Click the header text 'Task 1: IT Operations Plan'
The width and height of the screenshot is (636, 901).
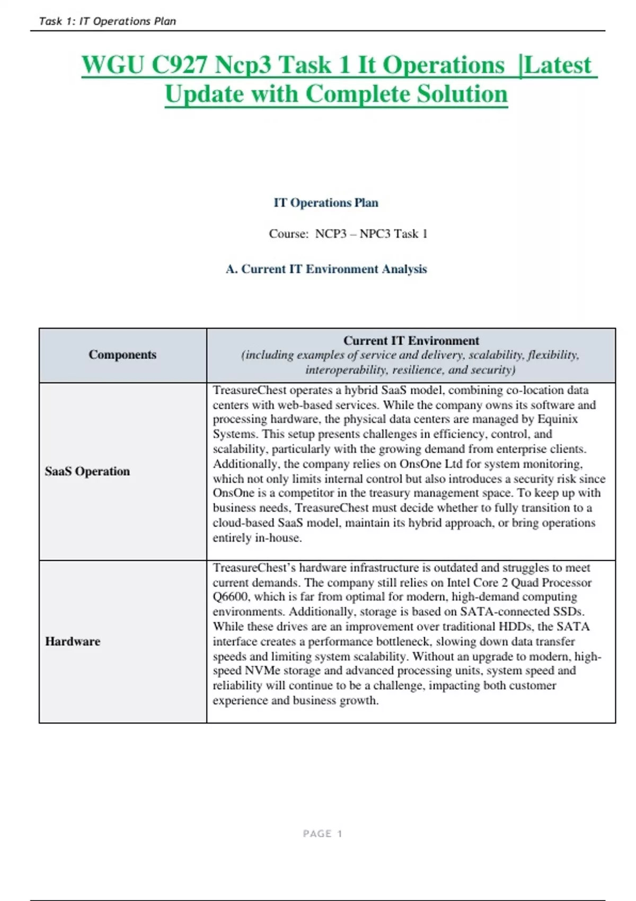coord(107,21)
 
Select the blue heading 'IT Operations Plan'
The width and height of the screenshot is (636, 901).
coord(325,202)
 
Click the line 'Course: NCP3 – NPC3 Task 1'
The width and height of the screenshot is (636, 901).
coord(348,234)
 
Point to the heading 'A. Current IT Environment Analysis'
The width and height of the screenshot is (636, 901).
coord(325,269)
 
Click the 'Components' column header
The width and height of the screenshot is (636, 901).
coord(122,355)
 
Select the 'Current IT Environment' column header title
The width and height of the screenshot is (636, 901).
coord(411,340)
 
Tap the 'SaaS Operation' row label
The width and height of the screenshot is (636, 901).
coord(87,471)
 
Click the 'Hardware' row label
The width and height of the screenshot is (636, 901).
coord(73,641)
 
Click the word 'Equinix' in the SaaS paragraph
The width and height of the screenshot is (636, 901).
coord(558,419)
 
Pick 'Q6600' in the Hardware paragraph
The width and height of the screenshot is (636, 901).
coord(231,597)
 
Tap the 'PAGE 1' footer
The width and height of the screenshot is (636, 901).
coord(322,834)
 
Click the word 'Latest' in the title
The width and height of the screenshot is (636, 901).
coord(557,65)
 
